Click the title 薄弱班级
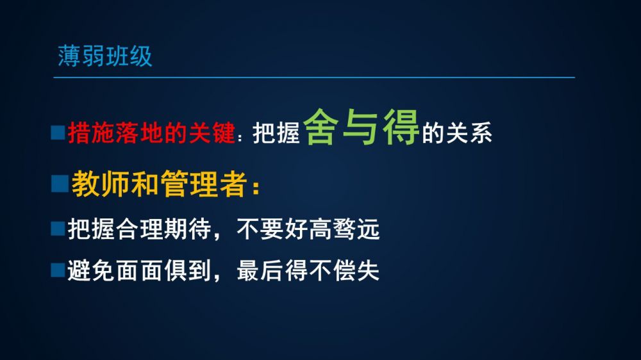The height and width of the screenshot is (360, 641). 105,56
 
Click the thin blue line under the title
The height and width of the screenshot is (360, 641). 314,77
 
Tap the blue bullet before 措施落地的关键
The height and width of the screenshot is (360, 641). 58,133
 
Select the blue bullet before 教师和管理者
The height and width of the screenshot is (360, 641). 60,183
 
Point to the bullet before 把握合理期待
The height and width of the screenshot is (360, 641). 58,229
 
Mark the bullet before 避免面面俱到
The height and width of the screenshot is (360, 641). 58,270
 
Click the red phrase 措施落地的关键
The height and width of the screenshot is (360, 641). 152,133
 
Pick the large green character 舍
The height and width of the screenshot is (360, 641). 321,127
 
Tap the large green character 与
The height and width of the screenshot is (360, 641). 360,127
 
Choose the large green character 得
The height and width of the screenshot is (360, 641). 401,127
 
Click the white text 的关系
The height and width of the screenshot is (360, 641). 456,133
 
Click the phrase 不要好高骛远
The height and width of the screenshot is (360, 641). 308,229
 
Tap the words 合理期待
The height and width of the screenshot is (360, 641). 163,229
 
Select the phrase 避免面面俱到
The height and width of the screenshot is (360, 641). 139,270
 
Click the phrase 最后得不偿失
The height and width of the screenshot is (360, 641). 308,270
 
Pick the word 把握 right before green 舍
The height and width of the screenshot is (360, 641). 276,133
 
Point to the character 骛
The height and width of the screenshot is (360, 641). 344,229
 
